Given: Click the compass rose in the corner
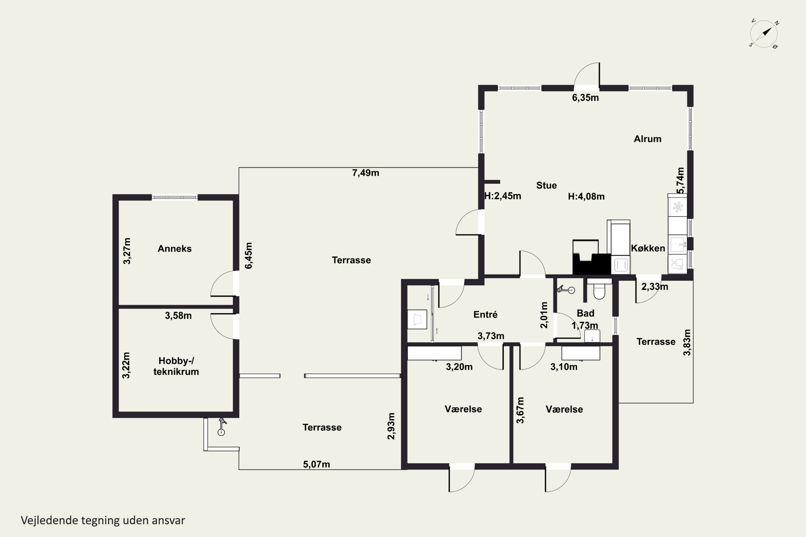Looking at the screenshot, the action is tap(764, 34).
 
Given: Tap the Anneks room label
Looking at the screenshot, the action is tap(174, 249).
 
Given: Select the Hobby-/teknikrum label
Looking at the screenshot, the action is tap(176, 366).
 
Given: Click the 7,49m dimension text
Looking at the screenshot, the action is tap(366, 173).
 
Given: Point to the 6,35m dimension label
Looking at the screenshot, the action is tap(585, 98).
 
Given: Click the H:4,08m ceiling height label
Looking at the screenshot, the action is tap(586, 197).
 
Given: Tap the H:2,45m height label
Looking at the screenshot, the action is tap(503, 196).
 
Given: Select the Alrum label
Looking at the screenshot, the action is tap(647, 139).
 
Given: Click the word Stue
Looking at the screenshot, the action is tap(546, 186).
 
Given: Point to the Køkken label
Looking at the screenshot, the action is tap(648, 248).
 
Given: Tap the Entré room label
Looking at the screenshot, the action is tap(485, 314).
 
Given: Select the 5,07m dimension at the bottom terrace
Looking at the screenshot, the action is tap(316, 465).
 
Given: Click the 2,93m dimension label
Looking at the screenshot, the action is tap(391, 426).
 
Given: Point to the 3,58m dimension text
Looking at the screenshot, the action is tap(178, 316).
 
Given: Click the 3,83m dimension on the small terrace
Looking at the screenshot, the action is tap(687, 343).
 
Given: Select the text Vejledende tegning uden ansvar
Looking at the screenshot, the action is tap(103, 521).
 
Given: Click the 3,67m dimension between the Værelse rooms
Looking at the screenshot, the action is tap(520, 410).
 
